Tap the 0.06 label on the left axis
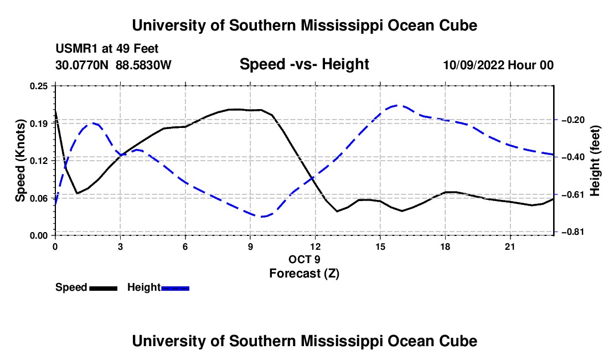tap(39, 198)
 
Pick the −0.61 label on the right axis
tap(573, 194)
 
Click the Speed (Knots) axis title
tap(20, 161)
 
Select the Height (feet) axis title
tap(595, 161)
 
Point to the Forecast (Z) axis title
tap(304, 274)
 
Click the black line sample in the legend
tap(104, 288)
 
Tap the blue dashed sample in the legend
tap(175, 288)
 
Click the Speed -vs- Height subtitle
tap(304, 64)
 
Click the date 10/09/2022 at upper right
tap(474, 65)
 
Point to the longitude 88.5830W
tap(143, 65)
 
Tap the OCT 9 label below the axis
tap(304, 259)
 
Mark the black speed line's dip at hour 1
tap(78, 193)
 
